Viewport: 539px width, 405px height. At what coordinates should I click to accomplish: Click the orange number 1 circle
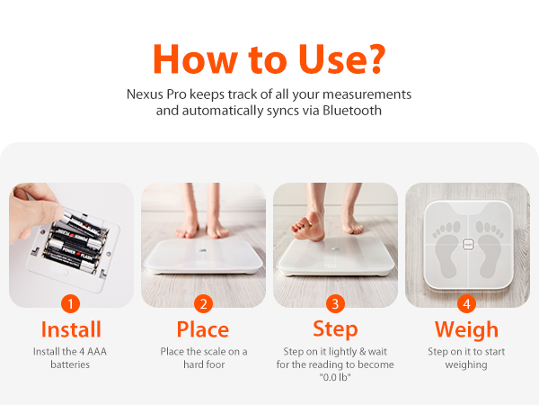coord(71,303)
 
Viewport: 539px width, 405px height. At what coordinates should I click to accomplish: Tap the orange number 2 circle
coord(203,303)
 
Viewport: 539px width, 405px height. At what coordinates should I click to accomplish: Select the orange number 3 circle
coord(335,303)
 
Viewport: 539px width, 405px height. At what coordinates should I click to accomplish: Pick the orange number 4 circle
coord(467,303)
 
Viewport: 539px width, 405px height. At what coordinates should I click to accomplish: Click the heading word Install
coord(71,328)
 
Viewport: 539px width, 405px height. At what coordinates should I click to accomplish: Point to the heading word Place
coord(203,328)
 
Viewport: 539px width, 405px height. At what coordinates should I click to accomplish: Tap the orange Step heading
coord(335,328)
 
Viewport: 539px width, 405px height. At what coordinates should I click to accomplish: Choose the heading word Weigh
coord(467,328)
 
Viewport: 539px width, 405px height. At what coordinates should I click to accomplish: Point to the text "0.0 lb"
coord(335,376)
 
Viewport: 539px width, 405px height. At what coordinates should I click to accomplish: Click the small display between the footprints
coord(468,243)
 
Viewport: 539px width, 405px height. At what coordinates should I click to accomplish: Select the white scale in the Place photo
coord(203,256)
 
